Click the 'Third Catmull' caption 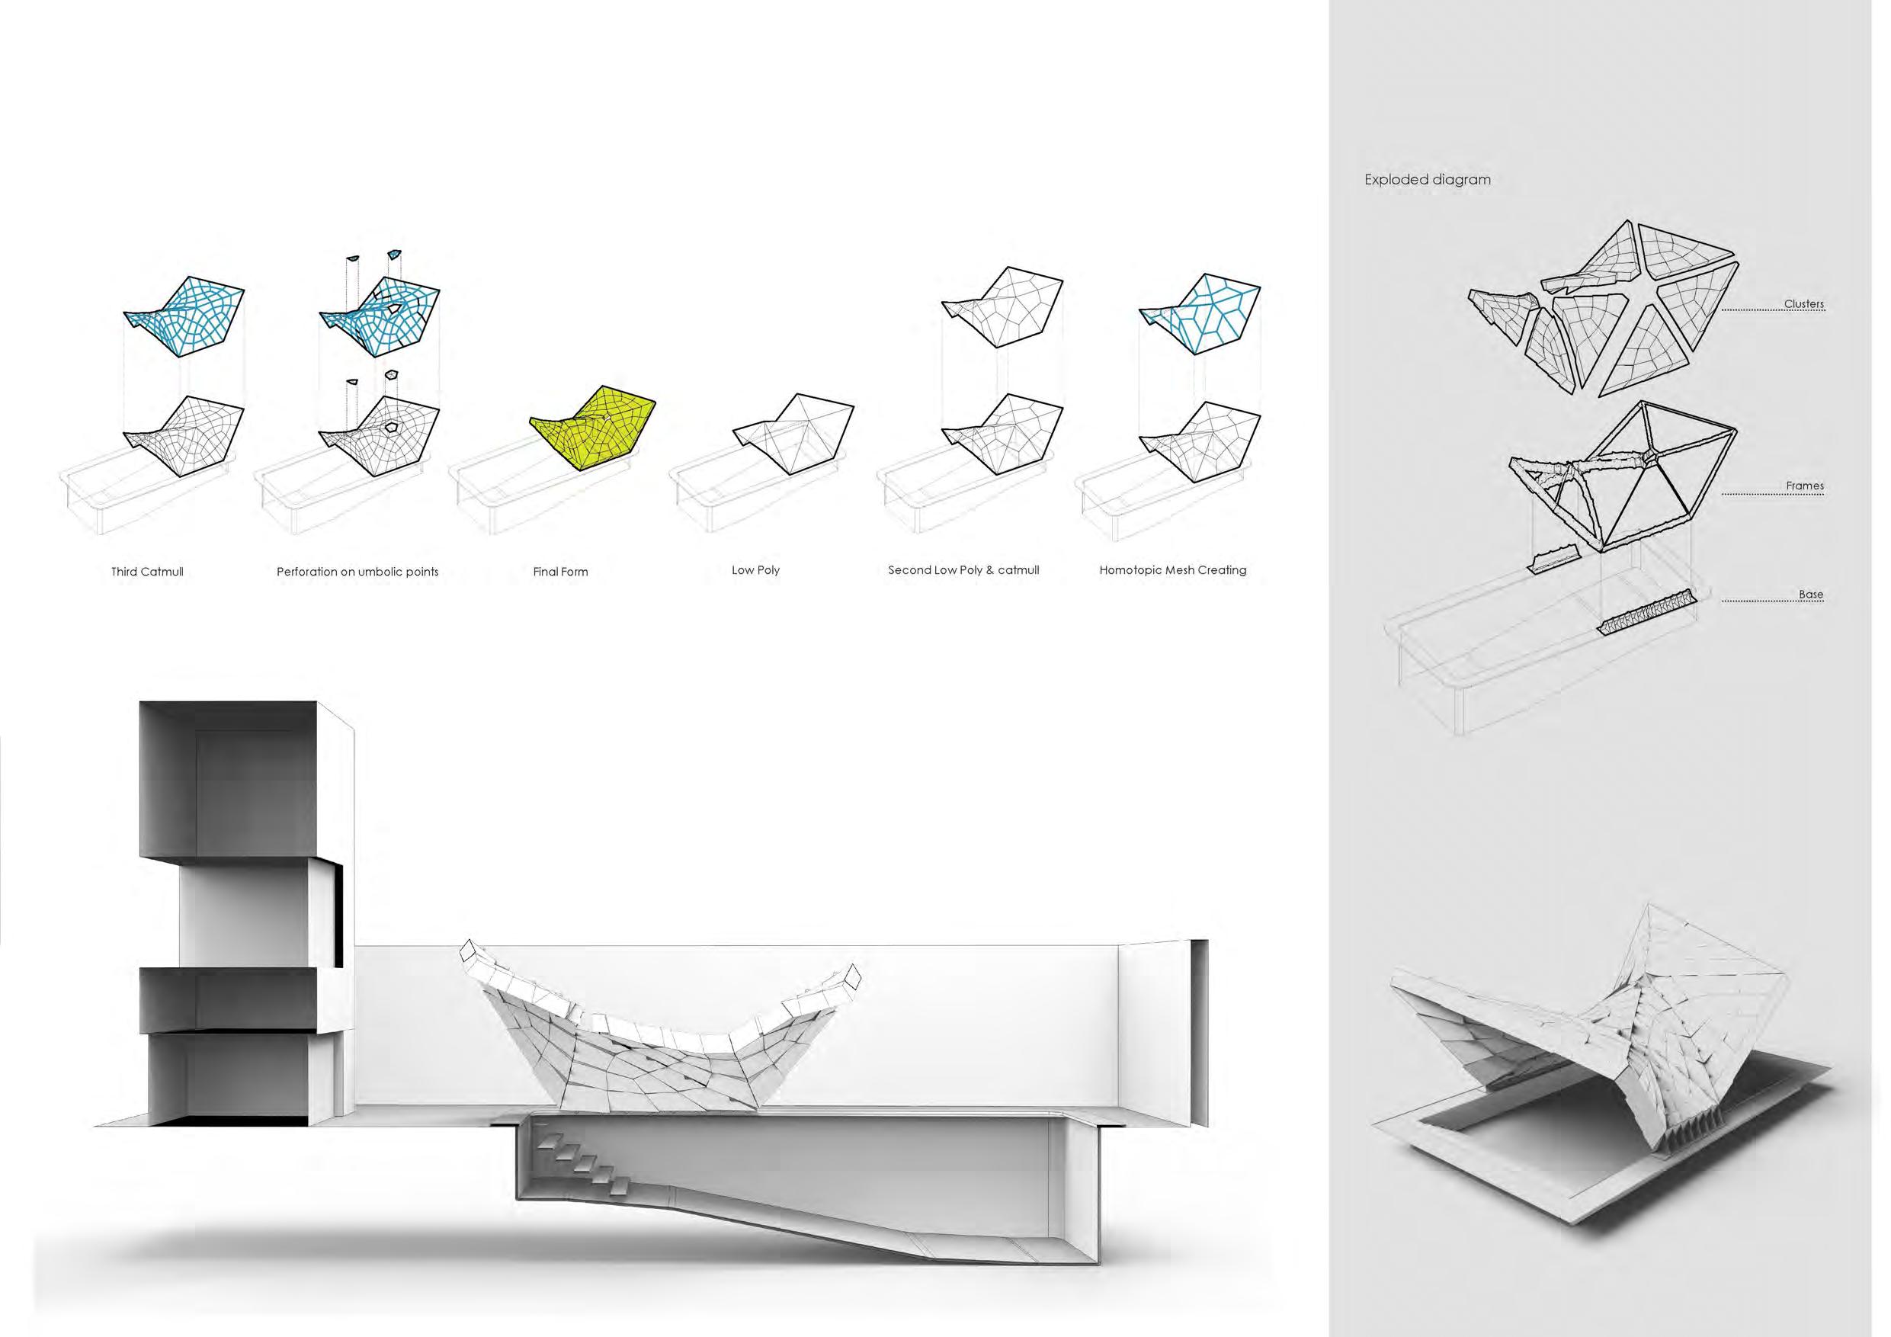[x=147, y=571]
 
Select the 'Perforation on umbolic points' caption [x=357, y=571]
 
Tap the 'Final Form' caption [x=560, y=571]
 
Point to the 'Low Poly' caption [x=755, y=569]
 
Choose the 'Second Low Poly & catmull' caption [x=963, y=569]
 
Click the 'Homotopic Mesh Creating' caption [x=1172, y=569]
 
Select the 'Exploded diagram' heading [x=1427, y=179]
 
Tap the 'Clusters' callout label [x=1803, y=304]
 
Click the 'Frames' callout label [x=1805, y=486]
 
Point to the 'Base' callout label [x=1810, y=594]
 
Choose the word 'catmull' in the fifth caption [x=1018, y=569]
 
